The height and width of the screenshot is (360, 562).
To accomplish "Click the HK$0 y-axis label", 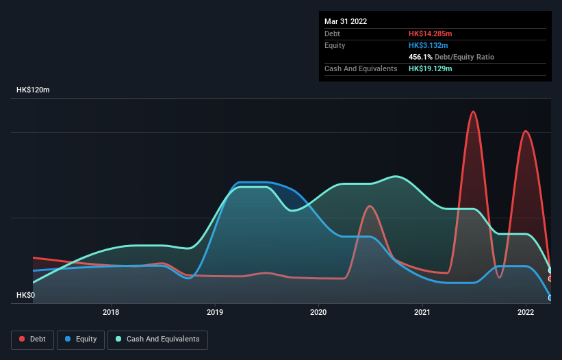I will coord(25,295).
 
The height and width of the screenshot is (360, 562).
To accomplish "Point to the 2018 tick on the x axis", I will coord(111,313).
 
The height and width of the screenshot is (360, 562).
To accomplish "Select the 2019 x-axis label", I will coord(215,313).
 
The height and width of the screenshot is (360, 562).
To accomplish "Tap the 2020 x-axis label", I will coord(318,313).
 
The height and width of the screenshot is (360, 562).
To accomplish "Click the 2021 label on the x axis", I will coord(422,313).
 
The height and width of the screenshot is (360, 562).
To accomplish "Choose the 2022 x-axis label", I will coord(526,313).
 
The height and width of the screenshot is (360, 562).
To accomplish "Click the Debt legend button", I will coord(32,339).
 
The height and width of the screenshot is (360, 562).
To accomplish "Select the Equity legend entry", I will coord(81,339).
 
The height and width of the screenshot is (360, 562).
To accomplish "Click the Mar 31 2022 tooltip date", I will coord(346,21).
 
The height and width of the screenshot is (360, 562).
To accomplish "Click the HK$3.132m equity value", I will coord(429,45).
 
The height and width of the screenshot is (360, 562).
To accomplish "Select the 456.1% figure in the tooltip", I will coord(420,57).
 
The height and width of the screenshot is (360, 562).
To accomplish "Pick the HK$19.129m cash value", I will coord(431,69).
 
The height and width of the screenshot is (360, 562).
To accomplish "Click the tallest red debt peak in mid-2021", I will coord(473,112).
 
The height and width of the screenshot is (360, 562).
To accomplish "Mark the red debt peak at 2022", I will coord(525,131).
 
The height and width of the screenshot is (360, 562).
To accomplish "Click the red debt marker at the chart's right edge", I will coord(550,279).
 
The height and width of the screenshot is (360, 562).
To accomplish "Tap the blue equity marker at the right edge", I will coord(550,298).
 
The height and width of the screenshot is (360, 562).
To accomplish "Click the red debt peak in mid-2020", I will coord(370,206).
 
